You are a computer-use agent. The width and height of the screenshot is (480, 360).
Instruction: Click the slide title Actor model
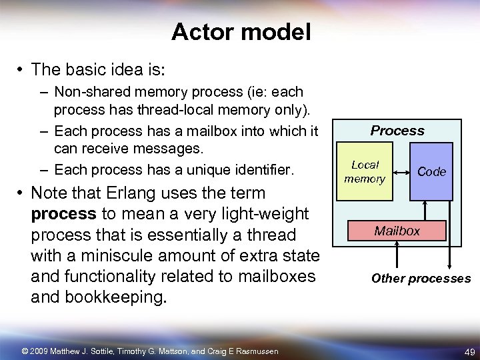(241, 32)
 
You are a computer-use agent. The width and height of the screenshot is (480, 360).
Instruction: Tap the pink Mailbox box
(397, 231)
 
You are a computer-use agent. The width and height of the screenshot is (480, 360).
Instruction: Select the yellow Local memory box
(365, 172)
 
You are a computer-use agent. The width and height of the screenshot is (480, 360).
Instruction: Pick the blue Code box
(431, 172)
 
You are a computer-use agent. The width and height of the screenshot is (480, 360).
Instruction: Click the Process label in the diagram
(397, 131)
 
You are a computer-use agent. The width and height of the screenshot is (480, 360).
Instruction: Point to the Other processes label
(421, 279)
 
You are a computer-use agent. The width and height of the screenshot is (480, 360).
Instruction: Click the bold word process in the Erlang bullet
(63, 214)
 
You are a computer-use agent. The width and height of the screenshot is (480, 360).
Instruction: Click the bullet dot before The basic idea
(21, 69)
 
